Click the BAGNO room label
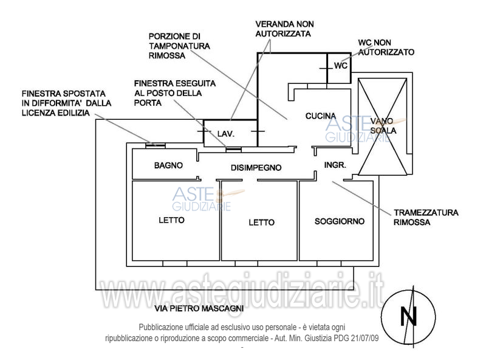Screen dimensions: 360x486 point(168,165)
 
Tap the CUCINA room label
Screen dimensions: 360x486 point(320,116)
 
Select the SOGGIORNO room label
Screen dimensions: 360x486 point(340,221)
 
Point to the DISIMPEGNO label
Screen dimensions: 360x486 point(255,167)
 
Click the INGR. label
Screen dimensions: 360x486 point(335,165)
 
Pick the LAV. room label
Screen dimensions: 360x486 point(226,133)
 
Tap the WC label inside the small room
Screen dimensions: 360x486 point(340,66)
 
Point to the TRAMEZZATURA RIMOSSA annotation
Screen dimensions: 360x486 point(426,218)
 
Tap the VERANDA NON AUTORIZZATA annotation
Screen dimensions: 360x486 point(283,29)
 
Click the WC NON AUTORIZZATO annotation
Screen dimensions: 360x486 point(386,47)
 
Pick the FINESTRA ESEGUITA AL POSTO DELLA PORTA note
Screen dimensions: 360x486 point(175,92)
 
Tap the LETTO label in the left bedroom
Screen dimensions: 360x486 point(171,220)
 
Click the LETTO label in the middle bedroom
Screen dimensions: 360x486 point(261,223)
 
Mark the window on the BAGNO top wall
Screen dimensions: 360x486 point(156,145)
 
